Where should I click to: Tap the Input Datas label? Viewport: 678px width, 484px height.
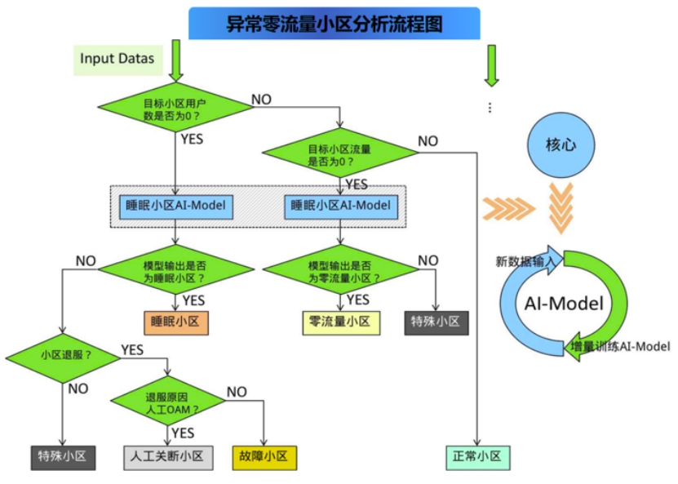pos(117,59)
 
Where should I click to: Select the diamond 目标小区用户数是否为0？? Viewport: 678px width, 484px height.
pos(175,109)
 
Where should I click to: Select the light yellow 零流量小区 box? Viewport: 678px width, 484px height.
pos(340,322)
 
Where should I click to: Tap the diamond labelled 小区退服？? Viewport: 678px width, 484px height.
pos(65,356)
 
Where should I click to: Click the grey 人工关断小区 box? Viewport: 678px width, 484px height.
pos(169,456)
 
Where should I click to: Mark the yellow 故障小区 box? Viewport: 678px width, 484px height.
pos(264,456)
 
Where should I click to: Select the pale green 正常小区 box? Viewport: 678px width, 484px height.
pos(477,456)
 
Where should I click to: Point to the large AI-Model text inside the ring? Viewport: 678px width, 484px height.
pos(563,304)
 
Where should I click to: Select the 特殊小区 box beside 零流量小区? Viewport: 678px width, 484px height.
pos(436,322)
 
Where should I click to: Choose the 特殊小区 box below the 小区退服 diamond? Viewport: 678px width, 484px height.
pos(64,456)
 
